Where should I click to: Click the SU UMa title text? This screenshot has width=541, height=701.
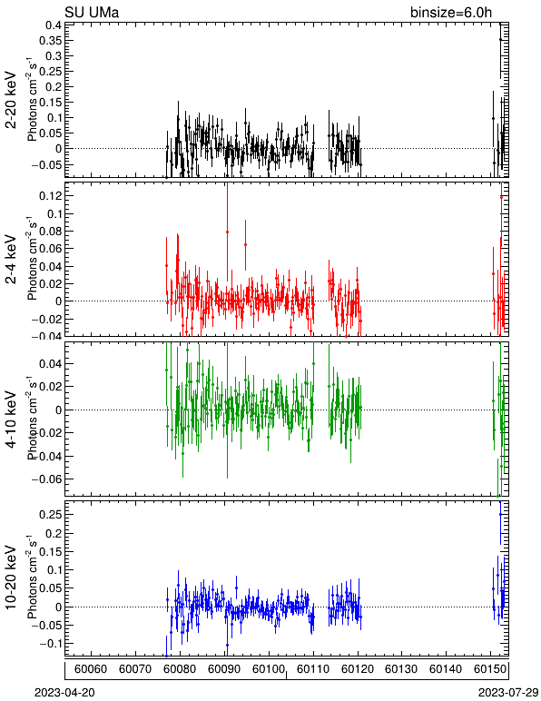pos(92,12)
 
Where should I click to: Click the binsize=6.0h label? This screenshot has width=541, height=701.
pos(451,13)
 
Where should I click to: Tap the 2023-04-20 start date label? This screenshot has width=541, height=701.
pos(64,693)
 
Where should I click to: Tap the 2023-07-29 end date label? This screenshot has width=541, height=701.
pos(508,693)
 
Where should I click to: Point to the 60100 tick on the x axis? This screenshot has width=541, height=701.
pos(269,669)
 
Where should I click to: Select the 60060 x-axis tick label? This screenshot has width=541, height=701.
pos(91,669)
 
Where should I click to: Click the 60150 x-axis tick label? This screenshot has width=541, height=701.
pos(490,669)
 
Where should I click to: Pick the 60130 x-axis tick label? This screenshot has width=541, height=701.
pos(401,669)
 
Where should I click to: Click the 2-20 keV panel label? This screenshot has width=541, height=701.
pos(11,100)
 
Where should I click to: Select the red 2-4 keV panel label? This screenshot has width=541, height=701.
pos(11,260)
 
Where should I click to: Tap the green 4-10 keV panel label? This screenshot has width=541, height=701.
pos(11,420)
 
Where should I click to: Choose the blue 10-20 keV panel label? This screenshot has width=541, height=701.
pos(11,578)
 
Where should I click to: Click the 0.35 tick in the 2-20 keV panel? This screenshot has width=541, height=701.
pos(50,40)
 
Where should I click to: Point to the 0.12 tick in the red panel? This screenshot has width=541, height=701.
pos(50,196)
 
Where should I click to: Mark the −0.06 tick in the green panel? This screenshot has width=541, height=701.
pos(46,479)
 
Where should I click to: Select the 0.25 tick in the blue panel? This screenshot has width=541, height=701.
pos(50,515)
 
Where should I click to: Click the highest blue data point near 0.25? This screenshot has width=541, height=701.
pos(500,515)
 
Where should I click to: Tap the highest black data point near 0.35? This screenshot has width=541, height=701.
pos(501,40)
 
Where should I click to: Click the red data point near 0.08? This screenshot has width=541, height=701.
pos(228,232)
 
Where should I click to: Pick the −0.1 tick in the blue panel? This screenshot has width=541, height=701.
pos(50,644)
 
